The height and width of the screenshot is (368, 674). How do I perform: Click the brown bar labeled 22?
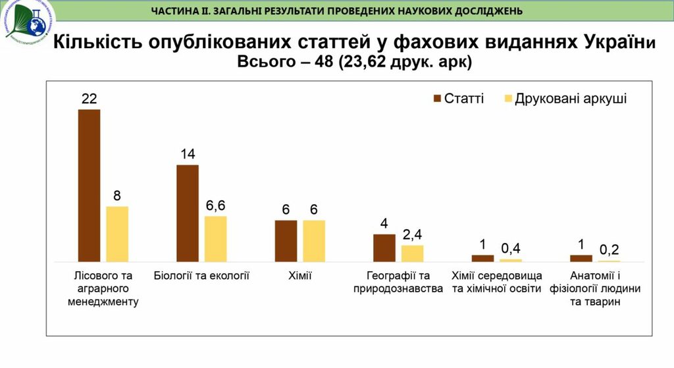(x=90, y=185)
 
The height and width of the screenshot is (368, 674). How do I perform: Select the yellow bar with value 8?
(x=117, y=234)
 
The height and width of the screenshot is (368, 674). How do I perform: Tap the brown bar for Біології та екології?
(x=188, y=213)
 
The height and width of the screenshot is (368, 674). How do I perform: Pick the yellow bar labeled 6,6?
(x=215, y=238)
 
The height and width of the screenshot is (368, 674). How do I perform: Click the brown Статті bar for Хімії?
(x=286, y=240)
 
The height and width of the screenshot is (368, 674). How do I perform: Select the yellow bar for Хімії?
(x=314, y=240)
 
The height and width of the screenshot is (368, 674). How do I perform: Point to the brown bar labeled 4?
(x=384, y=248)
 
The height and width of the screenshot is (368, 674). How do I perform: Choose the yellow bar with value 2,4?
(x=413, y=253)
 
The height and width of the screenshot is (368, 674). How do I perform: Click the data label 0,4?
(x=510, y=248)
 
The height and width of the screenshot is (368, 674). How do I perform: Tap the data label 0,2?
(x=609, y=250)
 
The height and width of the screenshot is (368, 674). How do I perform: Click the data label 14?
(x=188, y=154)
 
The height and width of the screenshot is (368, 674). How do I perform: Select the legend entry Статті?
(x=458, y=99)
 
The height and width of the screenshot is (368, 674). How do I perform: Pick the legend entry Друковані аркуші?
(x=565, y=99)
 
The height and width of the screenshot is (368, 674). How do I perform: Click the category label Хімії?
(x=299, y=275)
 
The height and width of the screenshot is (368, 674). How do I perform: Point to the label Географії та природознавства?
(x=398, y=282)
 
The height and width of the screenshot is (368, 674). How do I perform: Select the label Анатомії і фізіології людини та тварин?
(x=595, y=288)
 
